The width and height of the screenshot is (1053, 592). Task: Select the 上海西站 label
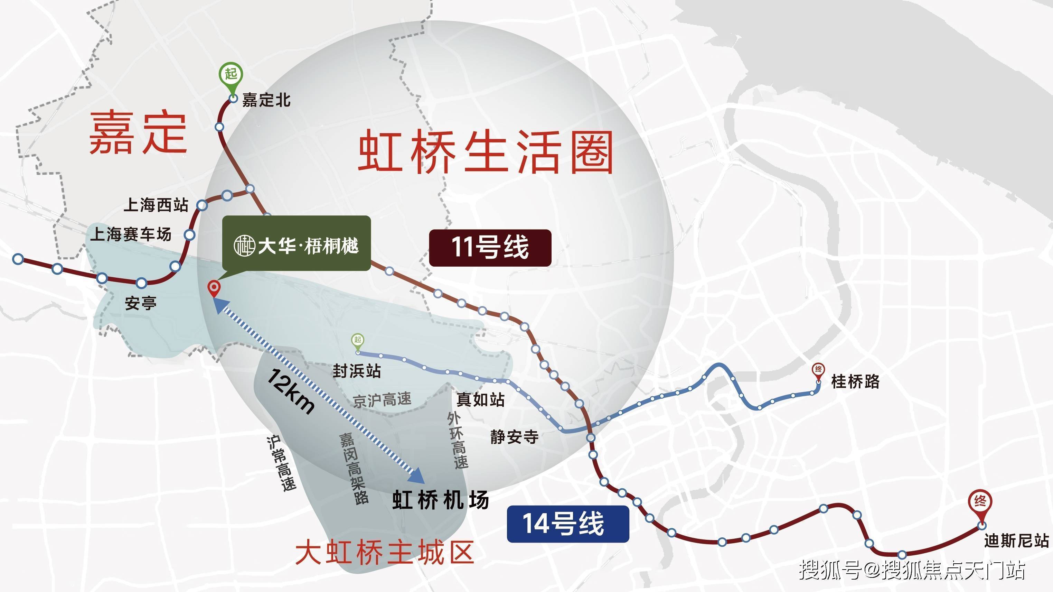156,205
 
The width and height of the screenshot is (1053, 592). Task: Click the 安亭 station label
140,304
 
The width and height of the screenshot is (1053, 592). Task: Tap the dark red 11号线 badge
490,248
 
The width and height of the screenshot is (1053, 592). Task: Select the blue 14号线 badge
567,524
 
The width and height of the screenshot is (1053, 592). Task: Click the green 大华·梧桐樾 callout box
297,244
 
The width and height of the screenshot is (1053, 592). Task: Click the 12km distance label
291,391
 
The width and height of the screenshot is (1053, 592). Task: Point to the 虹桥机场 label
440,500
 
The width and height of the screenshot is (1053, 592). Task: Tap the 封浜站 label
356,371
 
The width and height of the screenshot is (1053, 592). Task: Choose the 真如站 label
480,399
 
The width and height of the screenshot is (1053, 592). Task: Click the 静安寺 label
514,437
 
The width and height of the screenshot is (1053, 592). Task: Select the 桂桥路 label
855,382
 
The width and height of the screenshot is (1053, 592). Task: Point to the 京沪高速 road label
382,400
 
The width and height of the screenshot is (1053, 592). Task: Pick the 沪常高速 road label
281,463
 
